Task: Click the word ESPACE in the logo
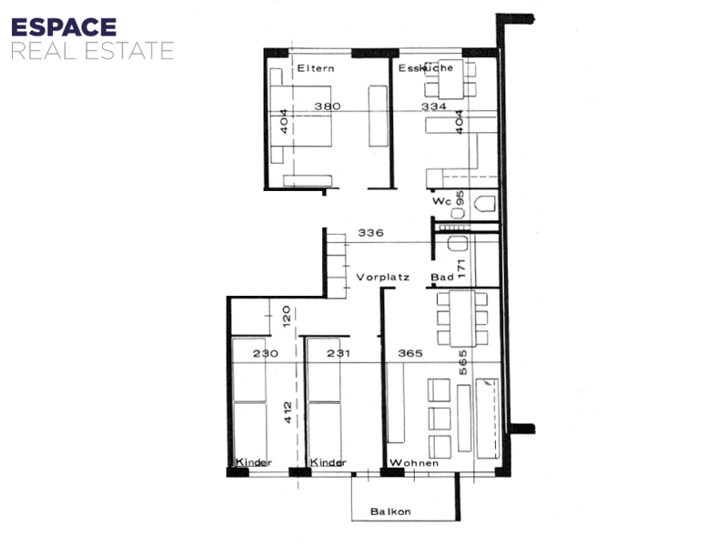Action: (x=64, y=27)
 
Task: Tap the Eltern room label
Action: (x=316, y=68)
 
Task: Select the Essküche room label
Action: (x=426, y=67)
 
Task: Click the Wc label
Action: (x=441, y=201)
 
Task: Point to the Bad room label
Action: (x=442, y=277)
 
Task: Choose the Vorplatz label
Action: (x=382, y=278)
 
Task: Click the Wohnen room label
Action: (x=414, y=462)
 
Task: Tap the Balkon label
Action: (x=390, y=511)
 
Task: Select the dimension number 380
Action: (x=328, y=106)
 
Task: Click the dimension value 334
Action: (x=434, y=106)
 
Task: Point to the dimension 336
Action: (x=370, y=233)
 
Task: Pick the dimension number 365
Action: (x=410, y=353)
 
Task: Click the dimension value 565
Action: (x=463, y=362)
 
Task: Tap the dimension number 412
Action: (x=288, y=412)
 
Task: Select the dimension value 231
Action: (x=338, y=353)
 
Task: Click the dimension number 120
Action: (x=287, y=316)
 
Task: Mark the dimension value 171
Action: (x=461, y=268)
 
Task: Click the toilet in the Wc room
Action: (x=486, y=203)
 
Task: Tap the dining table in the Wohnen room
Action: (x=462, y=318)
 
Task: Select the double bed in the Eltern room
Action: (x=301, y=116)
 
